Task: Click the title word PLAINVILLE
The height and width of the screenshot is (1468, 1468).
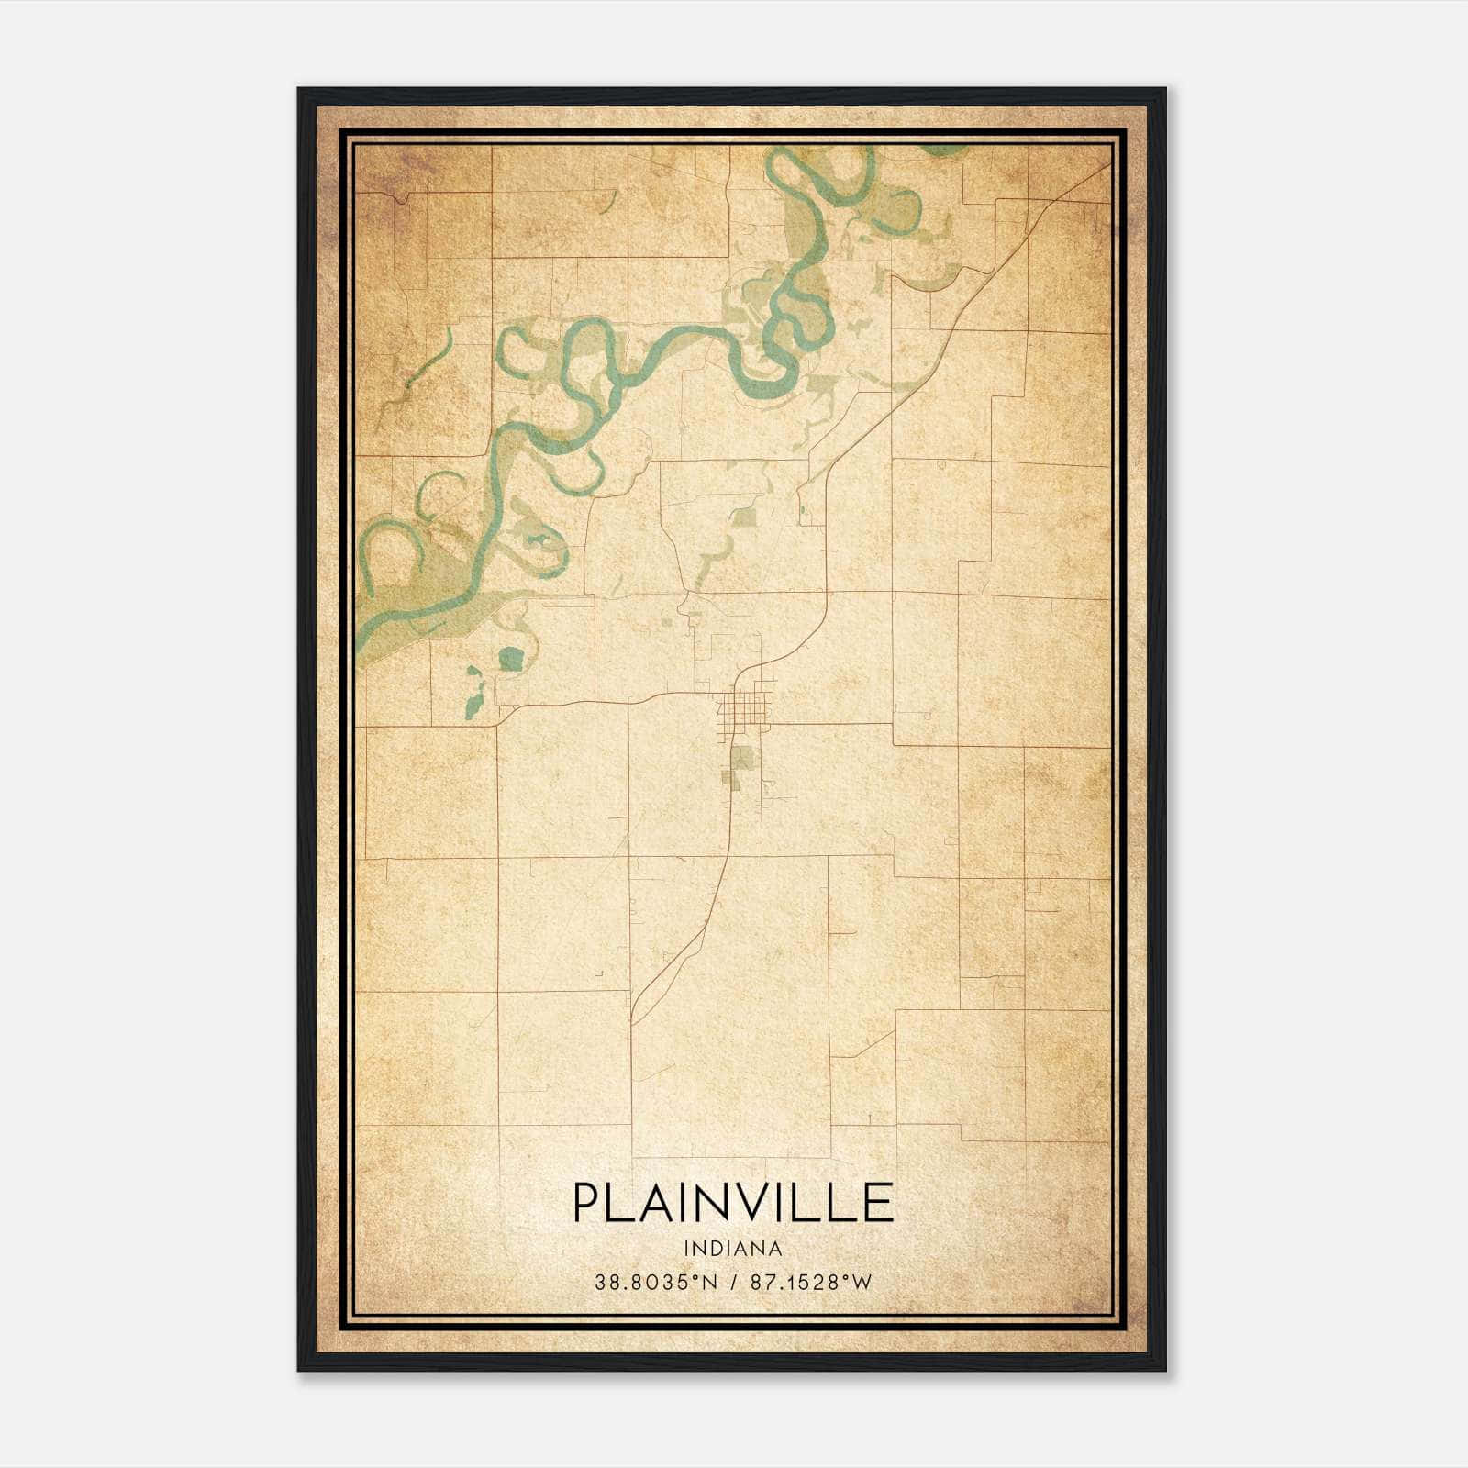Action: pyautogui.click(x=733, y=1203)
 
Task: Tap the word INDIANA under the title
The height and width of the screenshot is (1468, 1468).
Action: pyautogui.click(x=733, y=1249)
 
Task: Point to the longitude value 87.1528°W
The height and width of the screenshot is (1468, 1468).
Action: pyautogui.click(x=811, y=1283)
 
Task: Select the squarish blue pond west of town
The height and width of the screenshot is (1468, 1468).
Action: pyautogui.click(x=511, y=658)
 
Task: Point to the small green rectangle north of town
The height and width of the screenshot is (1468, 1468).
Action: pyautogui.click(x=744, y=517)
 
